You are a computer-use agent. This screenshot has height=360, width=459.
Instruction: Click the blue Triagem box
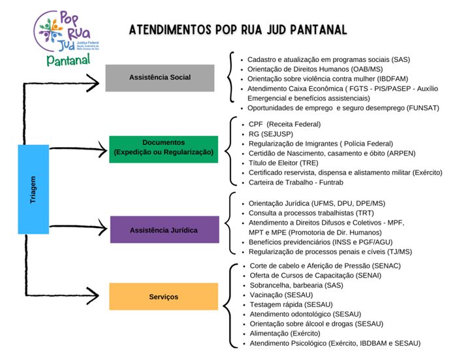[33, 189]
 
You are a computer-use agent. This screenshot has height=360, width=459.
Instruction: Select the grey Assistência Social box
[160, 78]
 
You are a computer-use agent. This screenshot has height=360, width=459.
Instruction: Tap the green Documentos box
[163, 147]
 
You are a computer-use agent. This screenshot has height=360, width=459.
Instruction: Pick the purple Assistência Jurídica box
[165, 229]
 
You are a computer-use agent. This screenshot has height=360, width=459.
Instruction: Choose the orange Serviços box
[163, 297]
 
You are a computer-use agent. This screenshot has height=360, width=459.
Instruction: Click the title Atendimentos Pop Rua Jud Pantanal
[238, 30]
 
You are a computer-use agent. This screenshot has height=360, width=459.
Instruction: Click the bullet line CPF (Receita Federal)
[285, 123]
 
